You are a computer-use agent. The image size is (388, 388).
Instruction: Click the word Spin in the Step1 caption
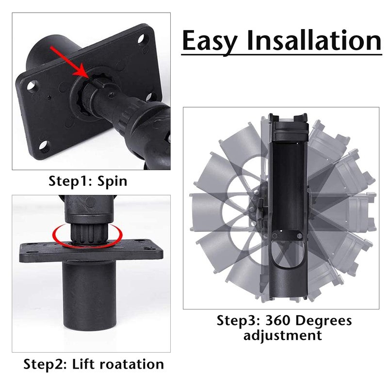point(113,181)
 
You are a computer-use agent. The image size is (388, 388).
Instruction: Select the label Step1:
point(70,181)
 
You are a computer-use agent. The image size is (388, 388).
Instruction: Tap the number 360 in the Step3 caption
point(277,321)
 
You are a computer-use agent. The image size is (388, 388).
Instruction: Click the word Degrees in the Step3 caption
point(323,321)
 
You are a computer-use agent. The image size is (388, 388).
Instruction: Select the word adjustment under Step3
point(283,336)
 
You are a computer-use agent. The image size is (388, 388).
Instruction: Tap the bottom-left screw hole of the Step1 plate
point(44,146)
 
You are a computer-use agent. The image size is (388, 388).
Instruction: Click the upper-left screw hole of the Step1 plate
point(32,86)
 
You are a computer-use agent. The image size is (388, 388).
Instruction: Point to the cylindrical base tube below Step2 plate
point(90,295)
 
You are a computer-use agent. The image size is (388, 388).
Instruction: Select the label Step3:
point(239,321)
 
